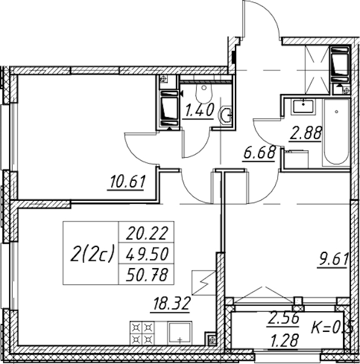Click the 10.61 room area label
point(127,181)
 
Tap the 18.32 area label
point(172,304)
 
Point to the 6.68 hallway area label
point(260,152)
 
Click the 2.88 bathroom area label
point(306,133)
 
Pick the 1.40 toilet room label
point(199,110)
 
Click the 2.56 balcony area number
point(284,318)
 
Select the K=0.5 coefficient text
point(332,328)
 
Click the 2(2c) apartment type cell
point(91,253)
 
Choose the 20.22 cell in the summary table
point(146,232)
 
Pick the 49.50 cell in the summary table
point(146,253)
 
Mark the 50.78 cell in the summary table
point(146,274)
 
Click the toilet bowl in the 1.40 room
point(204,93)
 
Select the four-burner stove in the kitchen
point(141,333)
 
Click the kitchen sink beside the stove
point(180,333)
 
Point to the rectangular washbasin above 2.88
point(304,106)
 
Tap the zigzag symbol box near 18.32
point(204,283)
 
